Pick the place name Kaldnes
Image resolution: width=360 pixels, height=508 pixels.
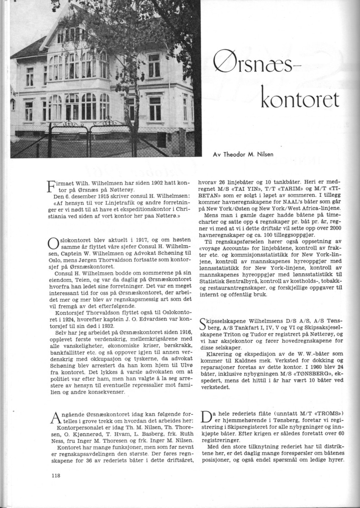(246, 361)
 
